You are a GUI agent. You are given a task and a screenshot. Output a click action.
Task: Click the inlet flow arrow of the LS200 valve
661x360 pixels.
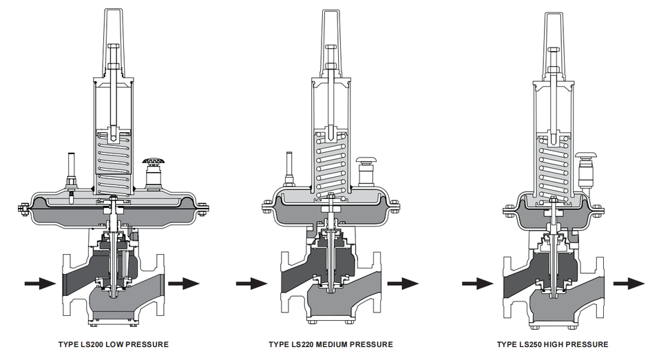(x=40, y=284)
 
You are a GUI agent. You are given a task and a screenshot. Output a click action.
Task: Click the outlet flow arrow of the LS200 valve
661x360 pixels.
(x=184, y=284)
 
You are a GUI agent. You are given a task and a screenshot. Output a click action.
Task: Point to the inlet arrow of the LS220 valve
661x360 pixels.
(x=252, y=284)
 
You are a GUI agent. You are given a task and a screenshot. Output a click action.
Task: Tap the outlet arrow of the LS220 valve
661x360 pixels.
(x=403, y=284)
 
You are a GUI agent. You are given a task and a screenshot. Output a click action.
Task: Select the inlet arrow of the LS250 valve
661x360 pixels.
(x=478, y=284)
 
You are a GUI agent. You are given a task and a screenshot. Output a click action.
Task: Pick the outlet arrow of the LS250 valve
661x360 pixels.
(x=629, y=284)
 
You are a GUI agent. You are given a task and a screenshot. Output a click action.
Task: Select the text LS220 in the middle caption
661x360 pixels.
(x=302, y=344)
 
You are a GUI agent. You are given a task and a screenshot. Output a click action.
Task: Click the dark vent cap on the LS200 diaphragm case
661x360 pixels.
(x=152, y=162)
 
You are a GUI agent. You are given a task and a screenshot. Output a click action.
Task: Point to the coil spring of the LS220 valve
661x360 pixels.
(x=331, y=166)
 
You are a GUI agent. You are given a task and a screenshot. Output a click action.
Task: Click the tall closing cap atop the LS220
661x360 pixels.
(x=331, y=44)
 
